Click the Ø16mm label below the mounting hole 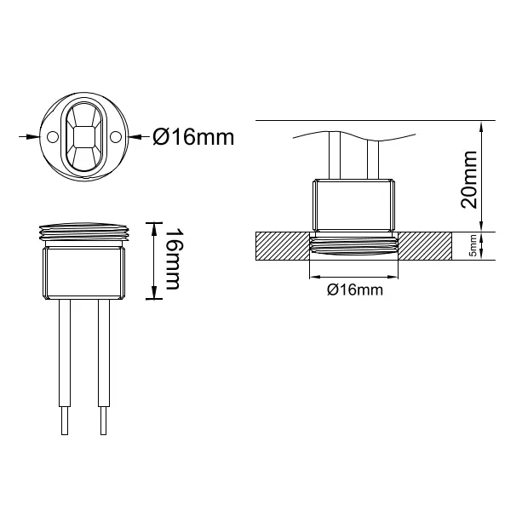tap(353, 291)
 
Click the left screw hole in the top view tap(53, 136)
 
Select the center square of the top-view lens tap(84, 136)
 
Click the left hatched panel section tap(280, 246)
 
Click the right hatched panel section tap(426, 246)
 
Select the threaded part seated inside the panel tap(353, 248)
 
